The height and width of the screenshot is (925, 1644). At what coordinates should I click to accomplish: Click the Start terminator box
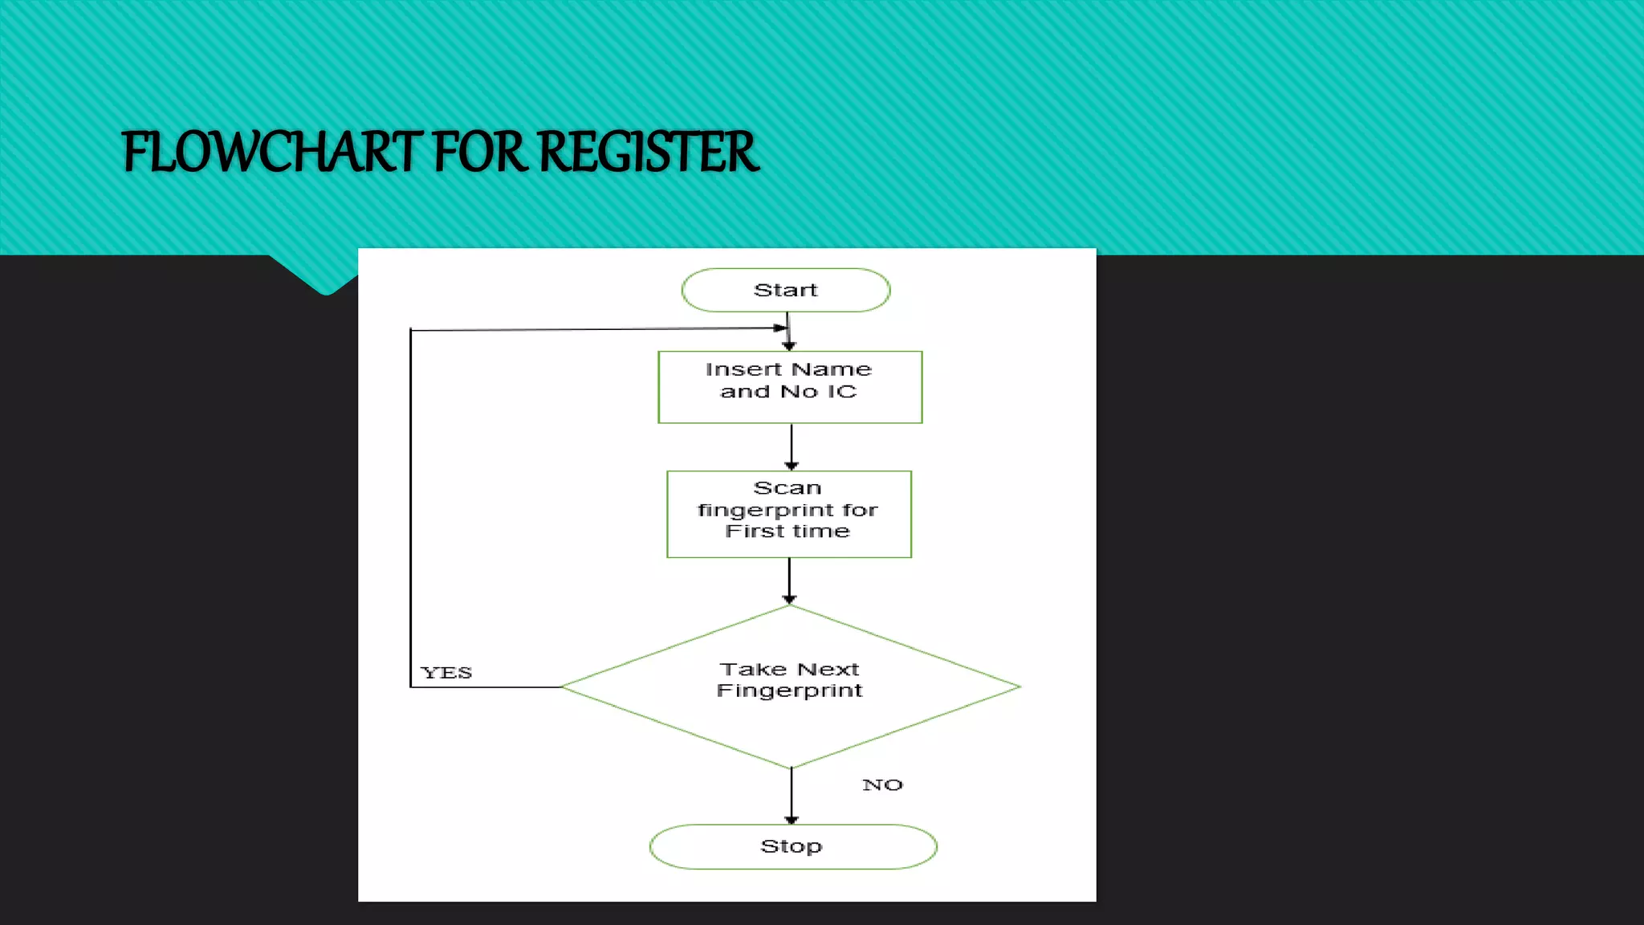(785, 290)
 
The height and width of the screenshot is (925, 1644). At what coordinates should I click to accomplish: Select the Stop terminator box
(792, 846)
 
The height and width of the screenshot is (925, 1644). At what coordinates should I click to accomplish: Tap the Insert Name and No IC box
(790, 387)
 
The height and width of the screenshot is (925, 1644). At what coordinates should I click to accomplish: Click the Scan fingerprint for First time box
(789, 514)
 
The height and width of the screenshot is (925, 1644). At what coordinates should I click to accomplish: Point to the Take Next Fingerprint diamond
(790, 687)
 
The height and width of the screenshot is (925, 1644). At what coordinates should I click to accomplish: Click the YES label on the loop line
(446, 673)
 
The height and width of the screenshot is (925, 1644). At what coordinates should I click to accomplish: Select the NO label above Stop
(882, 785)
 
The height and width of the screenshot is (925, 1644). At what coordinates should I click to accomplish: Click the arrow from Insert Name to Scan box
(791, 446)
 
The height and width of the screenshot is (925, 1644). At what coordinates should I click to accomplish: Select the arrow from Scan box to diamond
(789, 580)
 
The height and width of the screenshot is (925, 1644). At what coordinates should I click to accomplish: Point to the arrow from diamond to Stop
(791, 796)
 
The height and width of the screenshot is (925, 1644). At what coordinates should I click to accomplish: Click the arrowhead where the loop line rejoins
(779, 328)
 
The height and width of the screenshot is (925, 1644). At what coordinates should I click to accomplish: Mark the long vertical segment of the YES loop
(411, 506)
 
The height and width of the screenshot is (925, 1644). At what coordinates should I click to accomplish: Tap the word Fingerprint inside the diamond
(789, 691)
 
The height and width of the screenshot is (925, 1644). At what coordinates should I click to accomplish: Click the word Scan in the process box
(787, 488)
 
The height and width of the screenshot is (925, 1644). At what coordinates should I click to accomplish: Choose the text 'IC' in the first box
(842, 392)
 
